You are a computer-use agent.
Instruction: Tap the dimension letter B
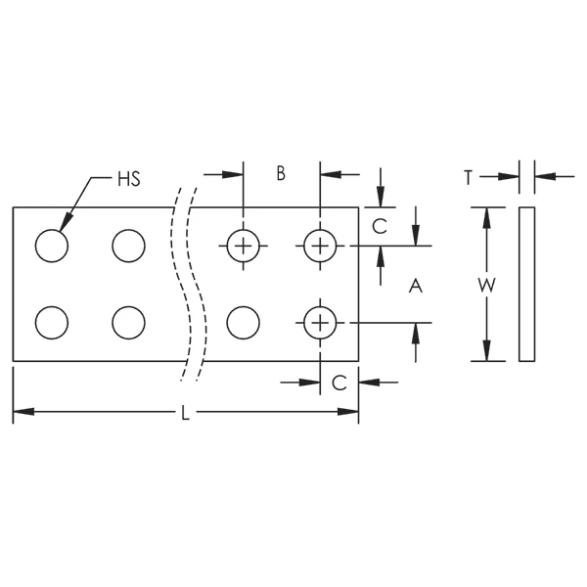[x=280, y=174]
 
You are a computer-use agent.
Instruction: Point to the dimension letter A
[x=414, y=286]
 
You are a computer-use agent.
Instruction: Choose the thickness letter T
[x=470, y=177]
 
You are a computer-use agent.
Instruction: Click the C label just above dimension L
[x=339, y=384]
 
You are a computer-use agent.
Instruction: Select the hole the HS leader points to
[x=52, y=246]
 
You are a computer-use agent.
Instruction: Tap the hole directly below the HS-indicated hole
[x=52, y=322]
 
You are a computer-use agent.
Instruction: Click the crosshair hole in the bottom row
[x=319, y=322]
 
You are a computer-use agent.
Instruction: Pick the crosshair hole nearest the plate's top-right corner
[x=319, y=246]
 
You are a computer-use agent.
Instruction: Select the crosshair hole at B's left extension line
[x=243, y=246]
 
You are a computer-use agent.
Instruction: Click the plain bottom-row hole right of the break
[x=243, y=322]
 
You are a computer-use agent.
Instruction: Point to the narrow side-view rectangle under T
[x=526, y=284]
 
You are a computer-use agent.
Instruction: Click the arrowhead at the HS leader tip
[x=65, y=228]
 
